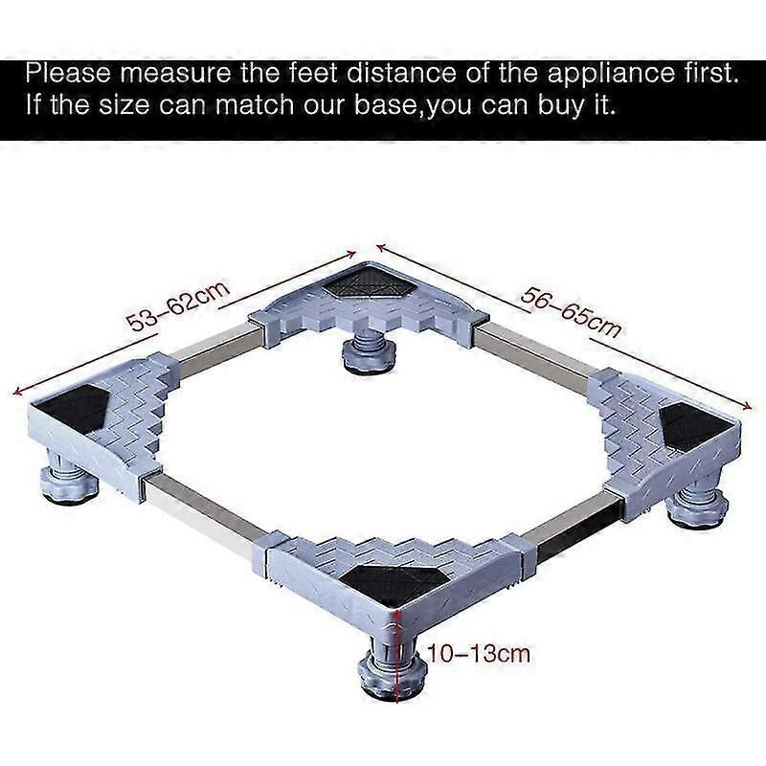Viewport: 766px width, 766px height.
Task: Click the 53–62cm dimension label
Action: (178, 305)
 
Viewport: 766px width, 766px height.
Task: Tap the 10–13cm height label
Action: (479, 654)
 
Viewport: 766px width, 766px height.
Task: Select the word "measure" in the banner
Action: (175, 74)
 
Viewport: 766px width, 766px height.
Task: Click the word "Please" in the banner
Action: (68, 74)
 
